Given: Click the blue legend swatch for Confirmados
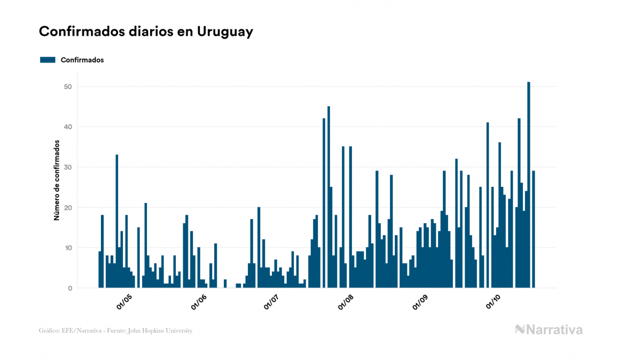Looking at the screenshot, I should coord(48,60).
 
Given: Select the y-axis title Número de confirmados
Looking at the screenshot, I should coord(56,180).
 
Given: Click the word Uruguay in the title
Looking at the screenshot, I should coord(225,32).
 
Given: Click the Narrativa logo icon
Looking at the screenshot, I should coord(520,330).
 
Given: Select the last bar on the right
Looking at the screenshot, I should coord(533,229).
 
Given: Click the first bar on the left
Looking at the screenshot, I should coord(100,270).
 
